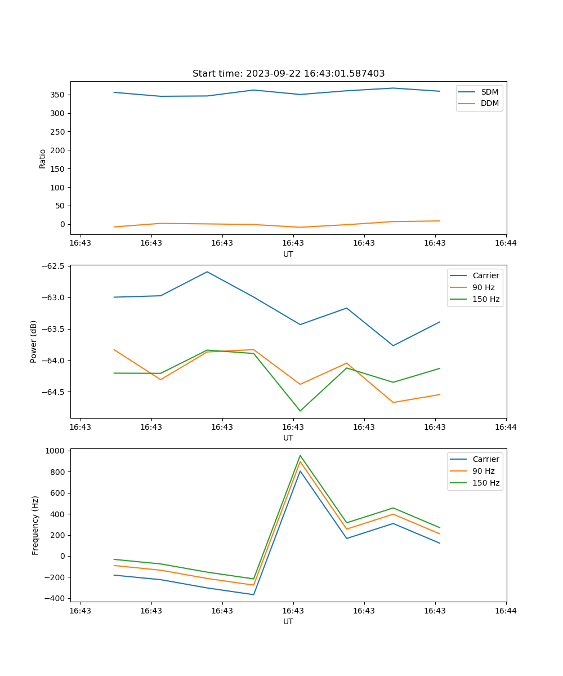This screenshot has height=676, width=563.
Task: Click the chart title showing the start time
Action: pos(288,74)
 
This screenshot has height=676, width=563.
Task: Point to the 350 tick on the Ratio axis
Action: pos(59,95)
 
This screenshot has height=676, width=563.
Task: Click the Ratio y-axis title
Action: pos(43,158)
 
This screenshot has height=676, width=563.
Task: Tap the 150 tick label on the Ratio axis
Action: pos(59,168)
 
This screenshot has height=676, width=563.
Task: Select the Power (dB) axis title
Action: pos(34,341)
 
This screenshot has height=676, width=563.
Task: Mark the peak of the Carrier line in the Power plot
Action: pos(207,272)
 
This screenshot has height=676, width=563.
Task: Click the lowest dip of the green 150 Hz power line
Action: pos(300,411)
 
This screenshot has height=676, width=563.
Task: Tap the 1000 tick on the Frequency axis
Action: pos(56,451)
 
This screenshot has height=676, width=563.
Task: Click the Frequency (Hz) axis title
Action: pos(35,525)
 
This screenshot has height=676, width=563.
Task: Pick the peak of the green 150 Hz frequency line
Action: pos(300,455)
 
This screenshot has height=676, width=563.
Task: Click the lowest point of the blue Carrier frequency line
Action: pos(253,594)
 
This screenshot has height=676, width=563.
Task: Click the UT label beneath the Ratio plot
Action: pos(288,254)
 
